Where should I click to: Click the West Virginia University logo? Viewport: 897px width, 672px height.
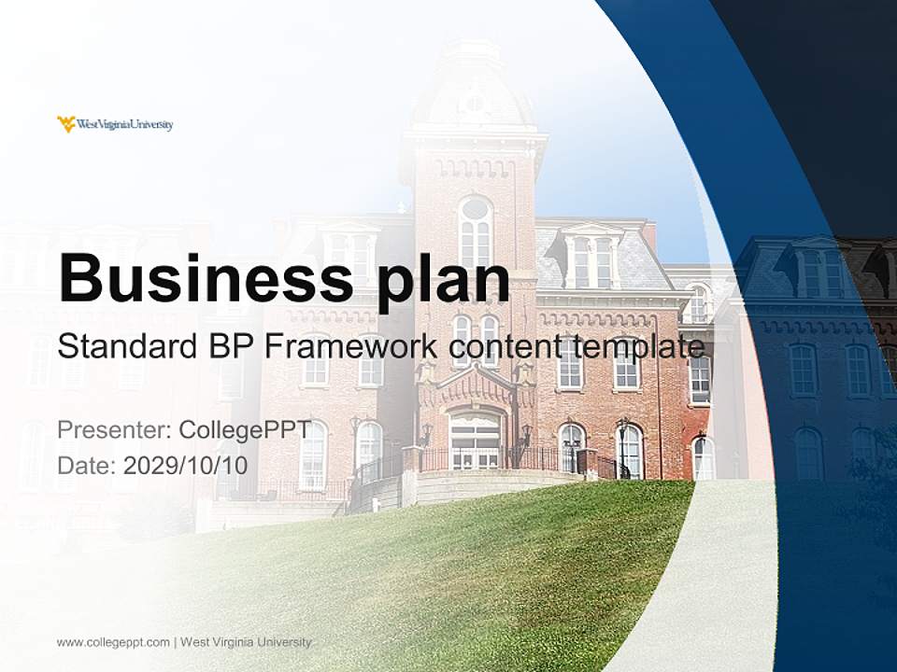coord(115,124)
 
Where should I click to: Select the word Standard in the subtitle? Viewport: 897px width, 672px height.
coord(124,347)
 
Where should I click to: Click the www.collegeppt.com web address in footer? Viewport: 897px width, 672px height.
coord(113,642)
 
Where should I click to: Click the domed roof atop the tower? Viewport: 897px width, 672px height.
coord(474,89)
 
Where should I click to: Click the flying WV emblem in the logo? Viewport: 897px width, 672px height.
coord(66,124)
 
